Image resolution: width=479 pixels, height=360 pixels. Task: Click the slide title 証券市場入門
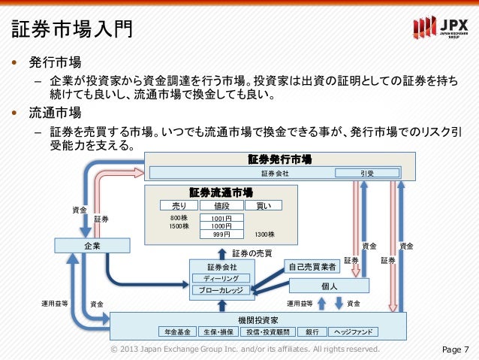(72, 29)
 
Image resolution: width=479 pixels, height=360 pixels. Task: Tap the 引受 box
(368, 173)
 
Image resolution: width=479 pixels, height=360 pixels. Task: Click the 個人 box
(329, 286)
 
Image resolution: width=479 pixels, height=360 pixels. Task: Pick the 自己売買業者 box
(312, 267)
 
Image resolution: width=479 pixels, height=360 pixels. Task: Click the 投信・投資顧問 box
(268, 331)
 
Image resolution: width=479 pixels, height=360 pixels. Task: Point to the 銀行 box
(311, 331)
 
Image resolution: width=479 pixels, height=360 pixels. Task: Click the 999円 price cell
(221, 234)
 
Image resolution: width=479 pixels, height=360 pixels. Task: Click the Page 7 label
(456, 349)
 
